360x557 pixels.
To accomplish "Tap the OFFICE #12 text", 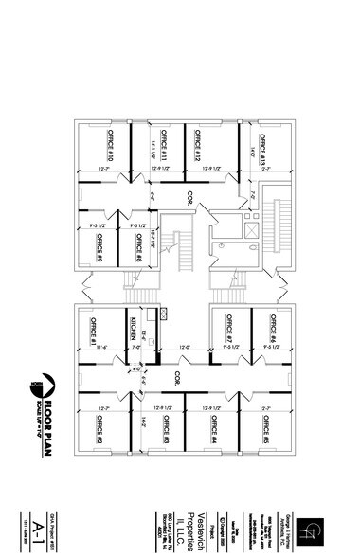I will tap(198, 144).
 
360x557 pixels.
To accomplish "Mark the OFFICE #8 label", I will tap(138, 249).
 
